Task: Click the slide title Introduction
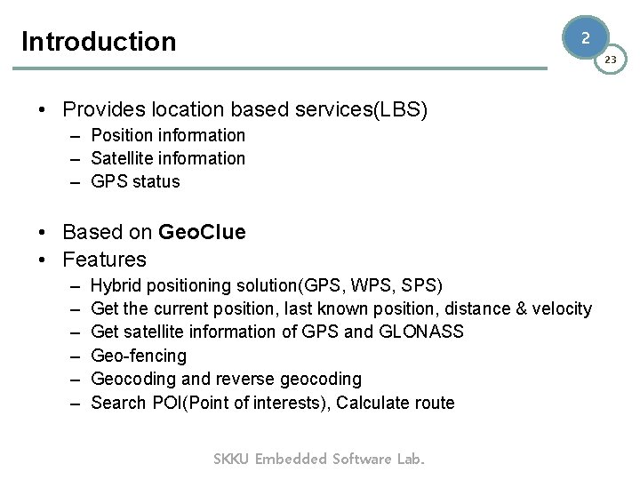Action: click(99, 42)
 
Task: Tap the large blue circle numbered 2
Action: click(585, 38)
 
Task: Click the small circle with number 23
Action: click(611, 60)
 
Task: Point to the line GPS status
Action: click(135, 181)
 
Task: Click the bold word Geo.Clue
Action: click(202, 233)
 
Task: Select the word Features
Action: click(104, 260)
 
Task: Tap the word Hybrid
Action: click(116, 285)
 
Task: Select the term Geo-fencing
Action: click(139, 356)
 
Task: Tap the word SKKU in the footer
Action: click(232, 459)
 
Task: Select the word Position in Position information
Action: click(121, 135)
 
